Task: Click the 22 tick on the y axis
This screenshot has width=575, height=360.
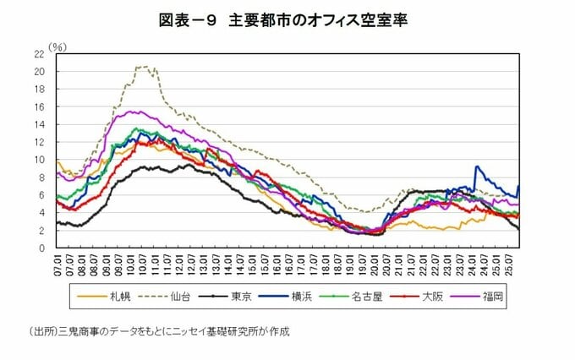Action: coord(39,53)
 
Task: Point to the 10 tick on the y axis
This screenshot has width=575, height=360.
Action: coord(39,160)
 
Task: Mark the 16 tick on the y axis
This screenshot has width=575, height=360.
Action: coord(39,106)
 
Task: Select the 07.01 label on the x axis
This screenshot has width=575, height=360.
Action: coord(57,265)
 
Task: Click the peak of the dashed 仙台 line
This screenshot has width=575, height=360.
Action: coord(146,67)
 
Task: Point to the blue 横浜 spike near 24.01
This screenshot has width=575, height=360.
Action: coord(477,167)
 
